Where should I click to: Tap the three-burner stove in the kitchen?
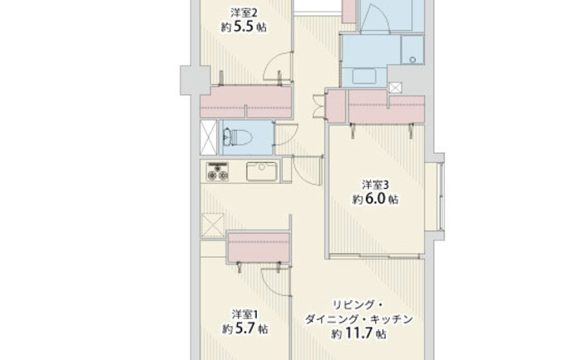click(x=218, y=171)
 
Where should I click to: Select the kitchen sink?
click(x=262, y=171)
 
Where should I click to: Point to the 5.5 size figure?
click(x=244, y=27)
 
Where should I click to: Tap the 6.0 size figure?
click(x=376, y=200)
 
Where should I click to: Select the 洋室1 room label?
click(x=244, y=315)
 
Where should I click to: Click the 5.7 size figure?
click(x=245, y=329)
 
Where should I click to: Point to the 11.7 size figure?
click(x=358, y=333)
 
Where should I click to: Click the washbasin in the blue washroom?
click(x=364, y=76)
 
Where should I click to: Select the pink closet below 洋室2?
click(x=246, y=102)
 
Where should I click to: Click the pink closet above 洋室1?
click(x=259, y=247)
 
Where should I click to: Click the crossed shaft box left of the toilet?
click(x=208, y=137)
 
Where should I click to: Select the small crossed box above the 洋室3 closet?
click(x=395, y=87)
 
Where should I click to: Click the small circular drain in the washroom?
click(x=412, y=59)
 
